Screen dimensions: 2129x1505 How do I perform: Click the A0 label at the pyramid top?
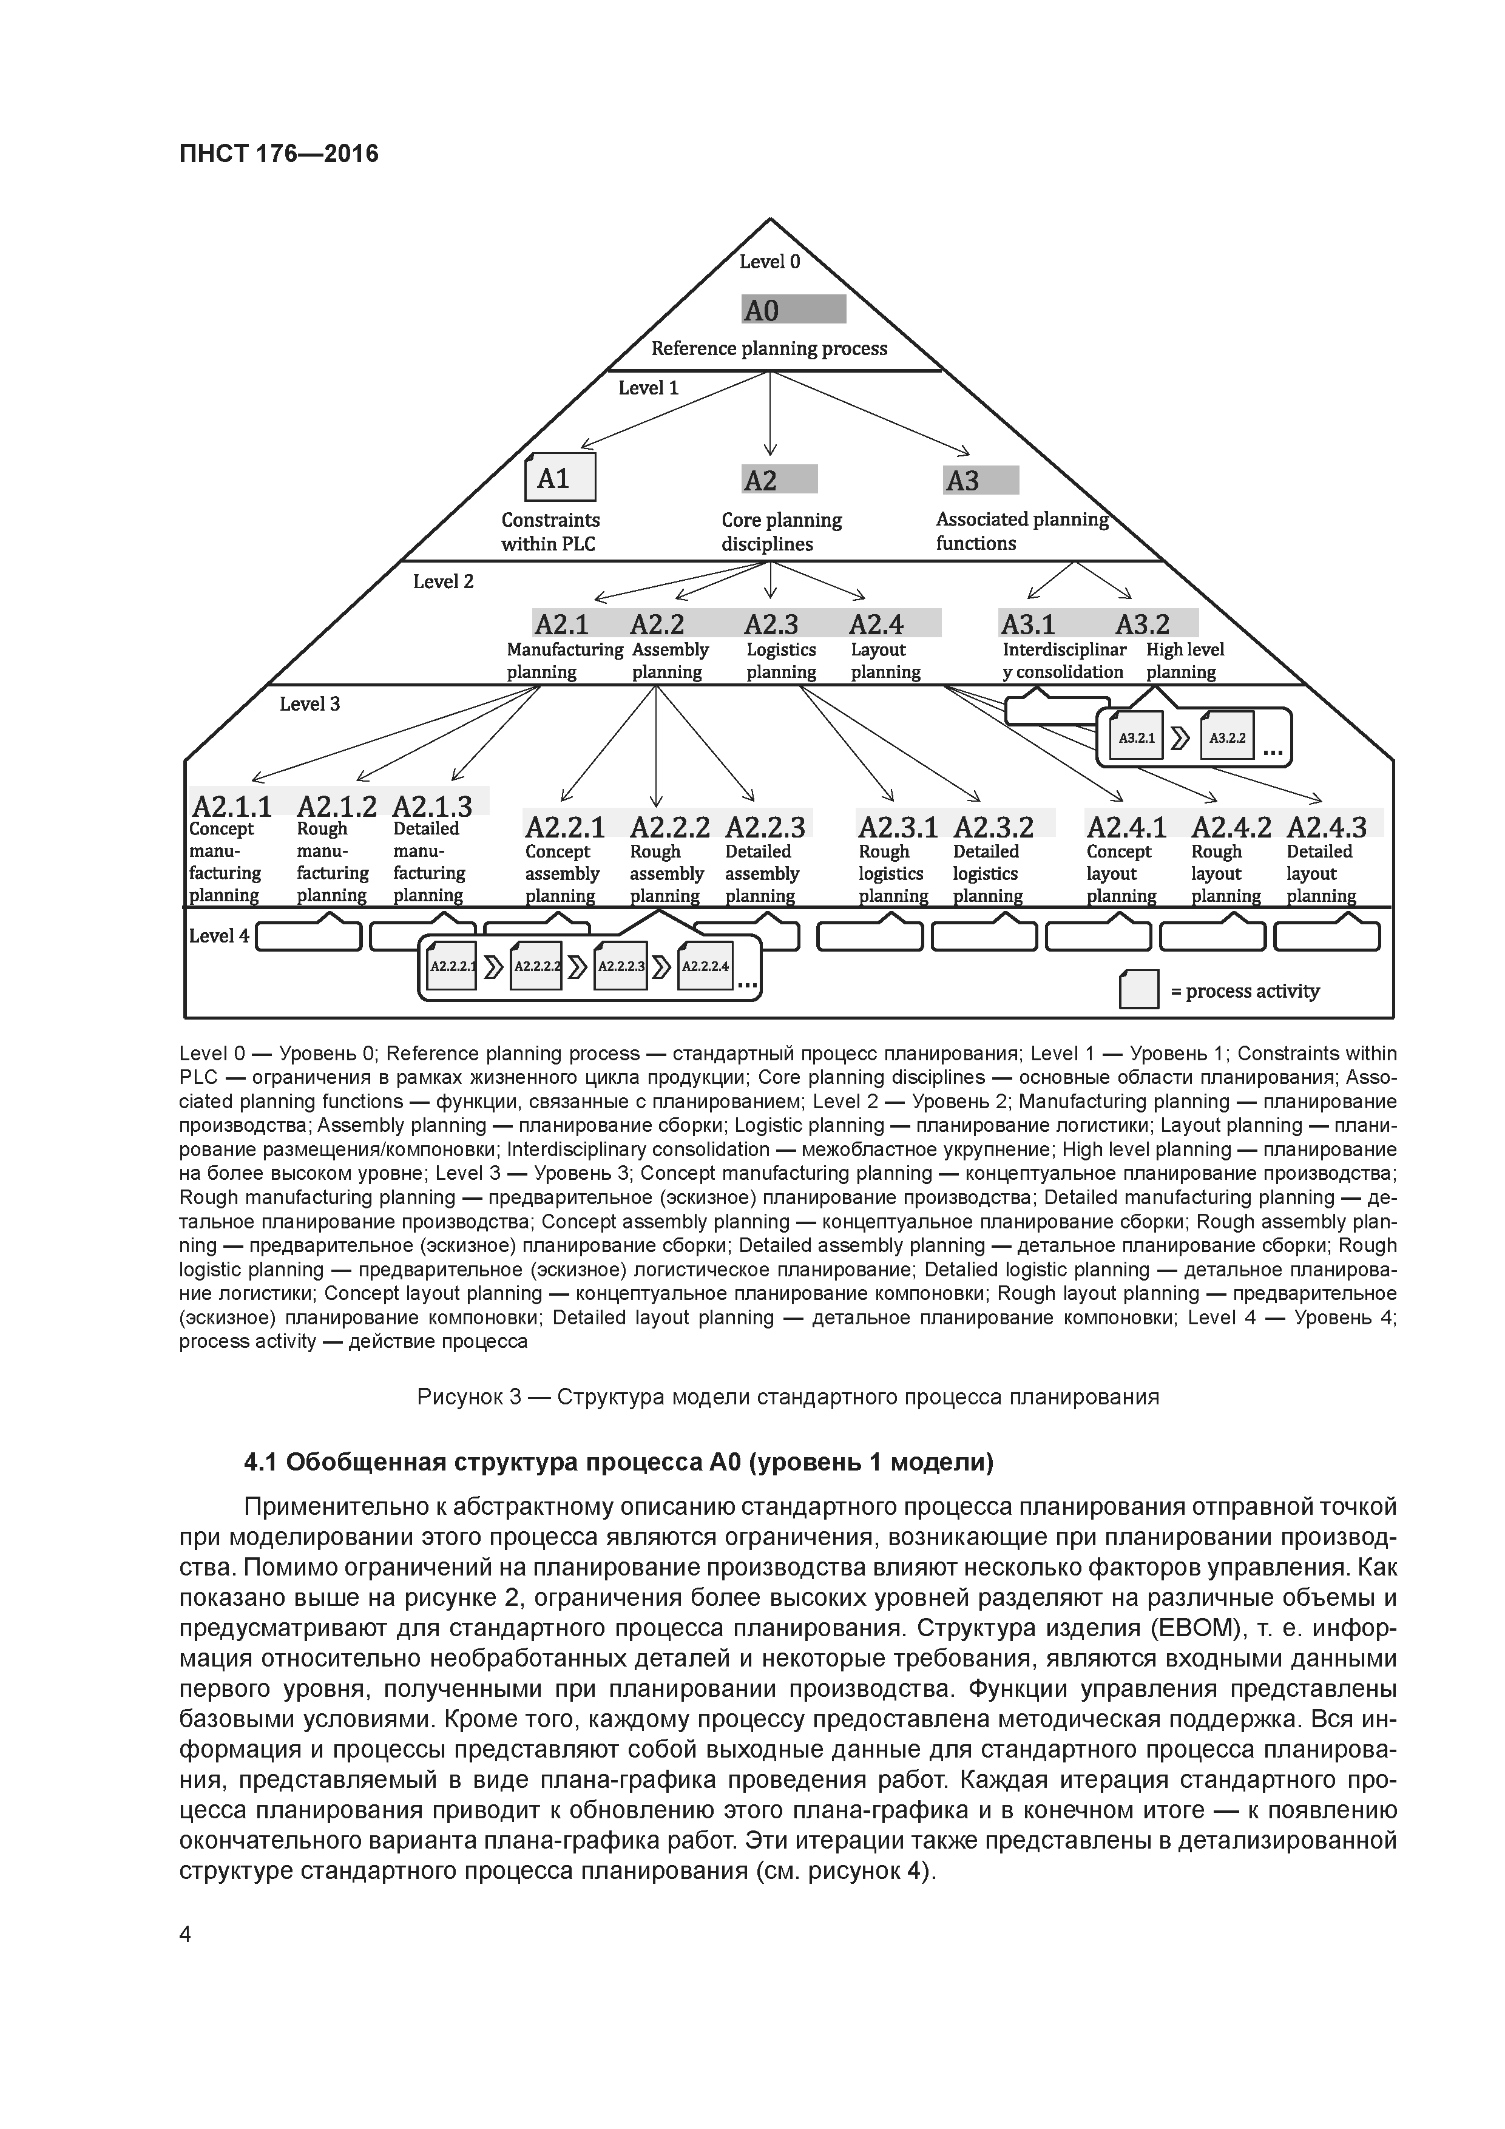762,311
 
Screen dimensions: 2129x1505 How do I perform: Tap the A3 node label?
962,480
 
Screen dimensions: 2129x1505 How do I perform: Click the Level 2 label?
443,581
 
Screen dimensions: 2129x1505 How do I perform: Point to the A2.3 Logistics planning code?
771,624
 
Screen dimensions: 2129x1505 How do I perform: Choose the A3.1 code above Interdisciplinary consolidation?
1027,624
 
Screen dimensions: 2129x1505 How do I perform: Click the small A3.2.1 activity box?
1136,738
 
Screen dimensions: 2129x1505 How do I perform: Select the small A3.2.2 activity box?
1227,738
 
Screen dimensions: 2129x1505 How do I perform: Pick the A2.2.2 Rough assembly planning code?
669,826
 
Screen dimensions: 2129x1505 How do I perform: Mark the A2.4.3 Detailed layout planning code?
1326,826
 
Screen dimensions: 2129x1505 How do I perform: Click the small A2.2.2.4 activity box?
705,966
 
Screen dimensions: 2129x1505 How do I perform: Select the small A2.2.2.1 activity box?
453,966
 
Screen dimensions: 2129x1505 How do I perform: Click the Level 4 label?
219,936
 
